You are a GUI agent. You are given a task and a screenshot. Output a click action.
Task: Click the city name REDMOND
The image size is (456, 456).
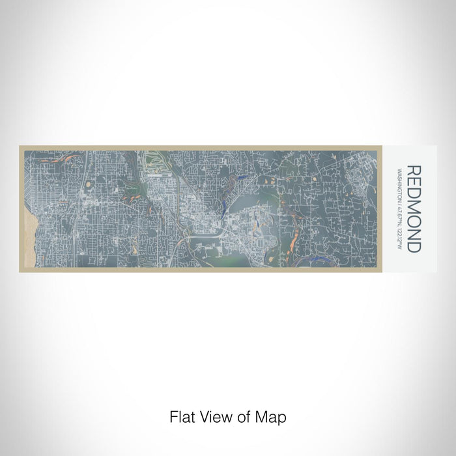[414, 208]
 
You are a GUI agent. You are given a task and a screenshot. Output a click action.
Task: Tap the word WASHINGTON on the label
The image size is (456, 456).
[399, 186]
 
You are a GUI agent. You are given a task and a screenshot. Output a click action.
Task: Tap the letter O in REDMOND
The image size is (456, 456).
[414, 221]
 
